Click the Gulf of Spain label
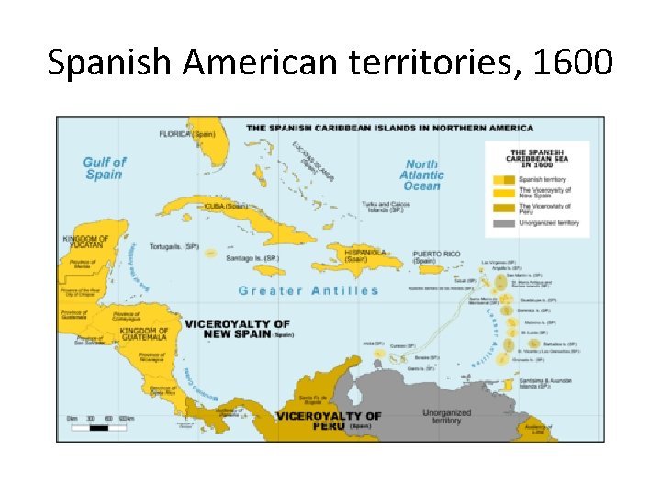click(104, 168)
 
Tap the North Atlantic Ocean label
click(421, 175)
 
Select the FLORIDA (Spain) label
click(187, 134)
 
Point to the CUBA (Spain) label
click(227, 207)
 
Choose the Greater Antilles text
click(308, 291)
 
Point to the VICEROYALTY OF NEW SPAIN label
click(237, 329)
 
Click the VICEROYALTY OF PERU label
click(328, 421)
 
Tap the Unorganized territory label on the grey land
click(447, 417)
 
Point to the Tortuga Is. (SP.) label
click(177, 247)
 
